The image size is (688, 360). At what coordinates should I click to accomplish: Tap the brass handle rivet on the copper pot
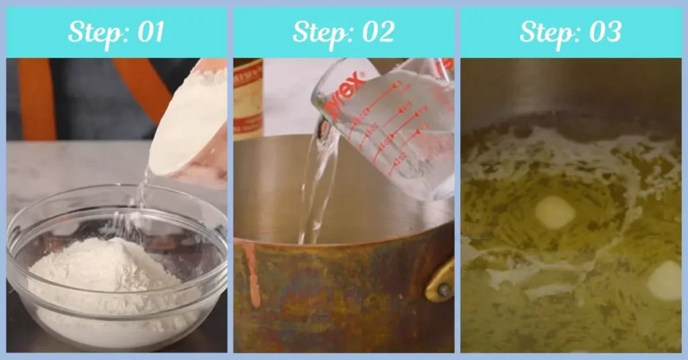click(x=444, y=290)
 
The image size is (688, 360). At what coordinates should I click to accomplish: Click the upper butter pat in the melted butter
click(x=555, y=213)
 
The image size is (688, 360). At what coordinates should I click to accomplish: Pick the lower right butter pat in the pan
click(x=664, y=281)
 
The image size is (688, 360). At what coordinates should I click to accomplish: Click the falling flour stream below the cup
click(x=141, y=195)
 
